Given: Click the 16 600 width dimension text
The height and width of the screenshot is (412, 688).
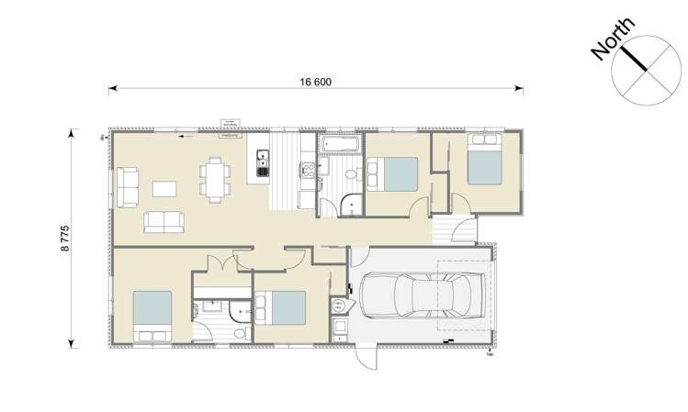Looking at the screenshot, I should (315, 82).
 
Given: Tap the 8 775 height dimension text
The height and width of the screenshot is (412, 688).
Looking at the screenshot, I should (65, 237).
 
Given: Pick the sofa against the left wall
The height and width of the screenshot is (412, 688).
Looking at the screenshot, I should (128, 186).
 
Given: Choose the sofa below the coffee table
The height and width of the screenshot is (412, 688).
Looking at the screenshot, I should (164, 221).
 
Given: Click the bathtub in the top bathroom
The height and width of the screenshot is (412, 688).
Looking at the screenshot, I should (341, 144).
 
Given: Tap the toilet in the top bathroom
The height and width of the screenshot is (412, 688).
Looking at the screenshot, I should (350, 175).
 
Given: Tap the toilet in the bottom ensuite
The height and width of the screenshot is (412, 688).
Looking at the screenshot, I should (239, 333).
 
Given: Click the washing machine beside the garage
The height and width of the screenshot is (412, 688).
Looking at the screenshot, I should (339, 306).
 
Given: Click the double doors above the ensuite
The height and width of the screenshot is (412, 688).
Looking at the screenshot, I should (223, 264).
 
